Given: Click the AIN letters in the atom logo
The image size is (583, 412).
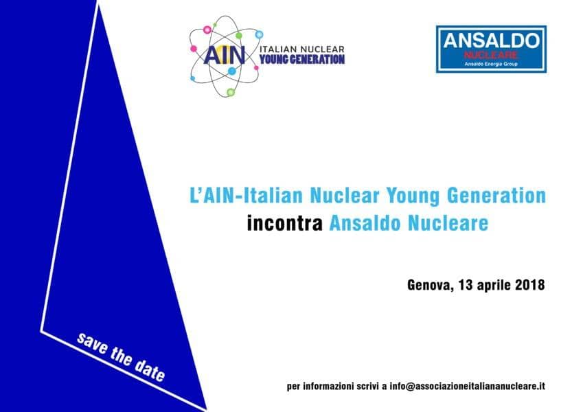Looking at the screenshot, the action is pos(224,55).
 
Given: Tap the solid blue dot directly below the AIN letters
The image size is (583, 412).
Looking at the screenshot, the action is pos(231,71).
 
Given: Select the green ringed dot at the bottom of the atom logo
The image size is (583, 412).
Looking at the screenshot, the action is pos(231,92).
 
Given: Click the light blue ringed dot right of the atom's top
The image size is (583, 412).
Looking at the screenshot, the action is pos(259,34).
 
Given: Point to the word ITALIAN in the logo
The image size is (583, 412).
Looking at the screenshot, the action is pos(278,49).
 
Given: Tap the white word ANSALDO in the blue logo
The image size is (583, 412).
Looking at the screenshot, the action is pos(491,41).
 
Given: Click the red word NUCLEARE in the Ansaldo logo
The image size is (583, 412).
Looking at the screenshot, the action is pos(491,55).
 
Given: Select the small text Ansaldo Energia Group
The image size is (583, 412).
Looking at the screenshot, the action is pos(491,64).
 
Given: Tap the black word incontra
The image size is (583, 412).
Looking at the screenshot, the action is pos(285,223).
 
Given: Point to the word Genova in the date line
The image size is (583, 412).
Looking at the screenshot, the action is pos(430,285).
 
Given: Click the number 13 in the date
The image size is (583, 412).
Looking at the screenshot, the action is pos(465,285).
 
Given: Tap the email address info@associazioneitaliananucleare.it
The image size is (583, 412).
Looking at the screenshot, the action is pos(468,387).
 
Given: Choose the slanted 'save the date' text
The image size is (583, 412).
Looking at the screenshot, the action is pos(120,357).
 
